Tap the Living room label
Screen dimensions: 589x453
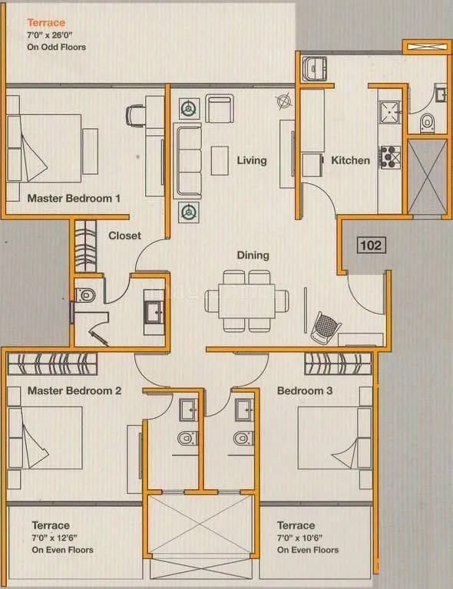pos(251,160)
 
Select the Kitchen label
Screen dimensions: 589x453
pos(350,160)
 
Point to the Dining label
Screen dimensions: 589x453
pos(253,255)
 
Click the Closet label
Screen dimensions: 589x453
pos(124,235)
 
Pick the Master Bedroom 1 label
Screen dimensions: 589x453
pos(74,198)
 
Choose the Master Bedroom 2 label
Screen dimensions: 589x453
pos(74,390)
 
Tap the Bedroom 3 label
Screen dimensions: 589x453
pos(305,390)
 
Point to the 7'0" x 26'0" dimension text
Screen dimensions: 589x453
pos(45,35)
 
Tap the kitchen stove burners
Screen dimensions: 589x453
pos(390,156)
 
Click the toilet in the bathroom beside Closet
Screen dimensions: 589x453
pos(86,294)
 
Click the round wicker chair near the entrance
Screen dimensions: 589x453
pos(325,327)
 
